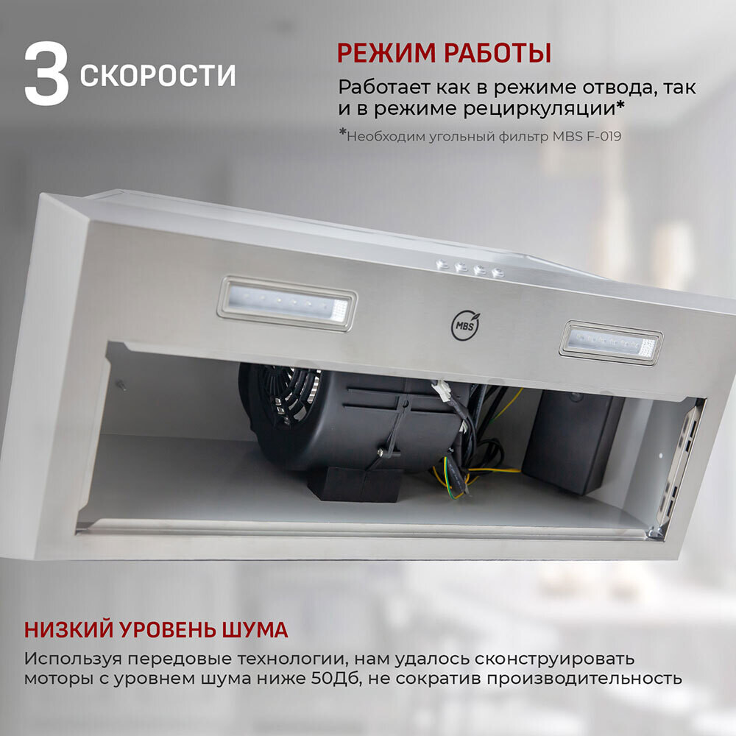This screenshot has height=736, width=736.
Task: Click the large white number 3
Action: coord(46,74)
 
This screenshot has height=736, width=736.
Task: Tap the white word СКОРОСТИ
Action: coord(158,75)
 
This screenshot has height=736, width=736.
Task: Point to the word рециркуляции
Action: coord(539,109)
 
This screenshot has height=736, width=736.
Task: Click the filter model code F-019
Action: coord(604,136)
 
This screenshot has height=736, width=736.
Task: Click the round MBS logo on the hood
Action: coord(465,325)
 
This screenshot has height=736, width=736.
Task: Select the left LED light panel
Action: coord(287,304)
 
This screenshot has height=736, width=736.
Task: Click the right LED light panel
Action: coord(611,343)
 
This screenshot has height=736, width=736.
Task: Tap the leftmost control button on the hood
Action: coord(441,265)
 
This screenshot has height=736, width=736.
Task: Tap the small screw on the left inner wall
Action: coord(121,385)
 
